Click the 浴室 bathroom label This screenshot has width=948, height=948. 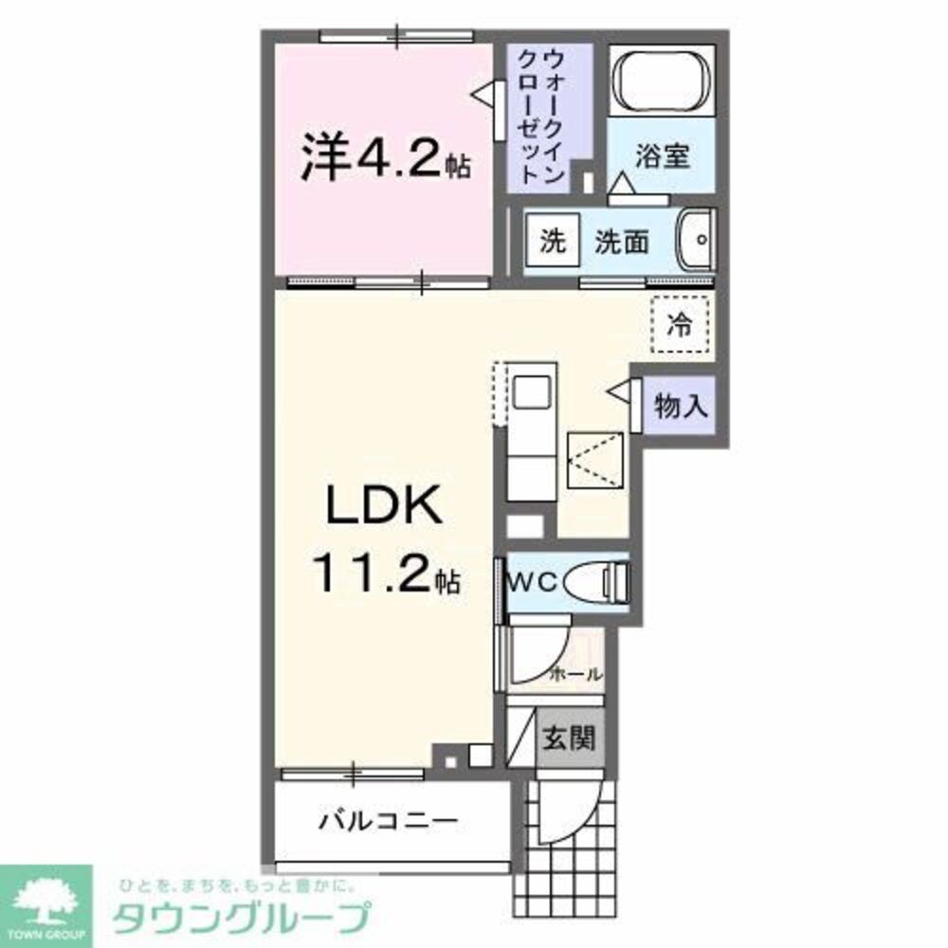click(x=662, y=155)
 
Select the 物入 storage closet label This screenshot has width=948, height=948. click(x=681, y=407)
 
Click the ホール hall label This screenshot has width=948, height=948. click(x=576, y=674)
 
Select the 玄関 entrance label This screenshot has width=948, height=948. click(x=568, y=737)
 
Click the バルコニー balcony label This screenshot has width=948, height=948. click(x=389, y=818)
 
